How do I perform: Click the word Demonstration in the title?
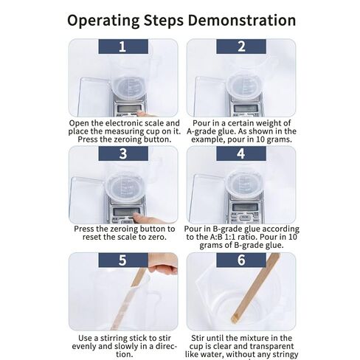click(x=242, y=20)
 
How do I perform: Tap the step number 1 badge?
click(x=123, y=46)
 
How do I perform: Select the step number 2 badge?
click(x=241, y=46)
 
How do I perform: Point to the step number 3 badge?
click(x=123, y=153)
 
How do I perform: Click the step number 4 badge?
click(x=241, y=153)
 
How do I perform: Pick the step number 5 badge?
click(x=123, y=260)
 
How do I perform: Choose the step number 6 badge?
click(x=241, y=260)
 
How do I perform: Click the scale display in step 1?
click(x=129, y=108)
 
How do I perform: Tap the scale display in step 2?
click(x=246, y=108)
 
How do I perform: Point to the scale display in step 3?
click(x=127, y=211)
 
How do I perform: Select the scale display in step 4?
click(x=245, y=207)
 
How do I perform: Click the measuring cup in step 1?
click(x=128, y=88)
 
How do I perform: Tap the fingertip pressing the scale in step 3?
click(x=136, y=216)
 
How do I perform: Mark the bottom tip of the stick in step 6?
click(x=235, y=320)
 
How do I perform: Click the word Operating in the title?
click(x=103, y=21)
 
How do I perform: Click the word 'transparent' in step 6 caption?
click(x=271, y=347)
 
